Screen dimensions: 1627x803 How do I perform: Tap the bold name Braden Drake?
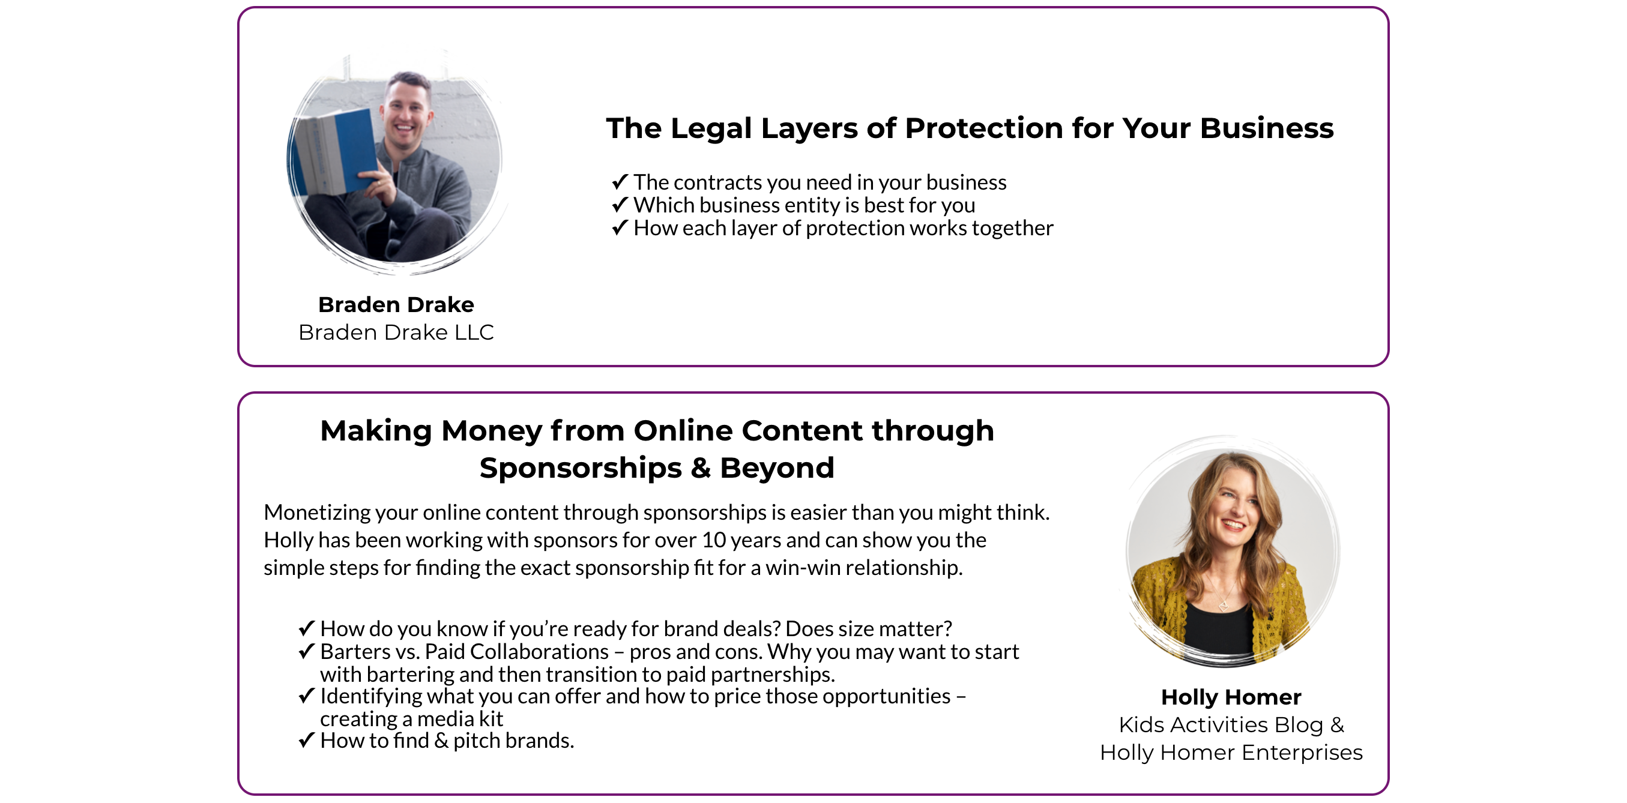(396, 305)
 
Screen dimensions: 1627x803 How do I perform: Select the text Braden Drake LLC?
(396, 332)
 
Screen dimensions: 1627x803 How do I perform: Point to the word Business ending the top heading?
(1266, 128)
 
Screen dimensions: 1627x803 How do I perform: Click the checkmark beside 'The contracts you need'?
(620, 182)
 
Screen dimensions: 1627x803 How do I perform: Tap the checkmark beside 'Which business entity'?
(620, 205)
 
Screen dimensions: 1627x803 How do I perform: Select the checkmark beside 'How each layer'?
(620, 227)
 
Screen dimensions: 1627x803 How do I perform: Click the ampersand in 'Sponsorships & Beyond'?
(701, 468)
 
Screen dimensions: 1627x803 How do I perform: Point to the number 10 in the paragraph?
(714, 540)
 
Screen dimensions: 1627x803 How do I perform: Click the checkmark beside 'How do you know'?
(306, 628)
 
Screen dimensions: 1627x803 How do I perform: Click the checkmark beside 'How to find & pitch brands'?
(306, 740)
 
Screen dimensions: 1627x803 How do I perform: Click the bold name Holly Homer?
(1231, 697)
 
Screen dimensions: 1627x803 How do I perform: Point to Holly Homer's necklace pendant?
(1224, 606)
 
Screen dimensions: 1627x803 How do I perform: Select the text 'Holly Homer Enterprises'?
(1231, 753)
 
